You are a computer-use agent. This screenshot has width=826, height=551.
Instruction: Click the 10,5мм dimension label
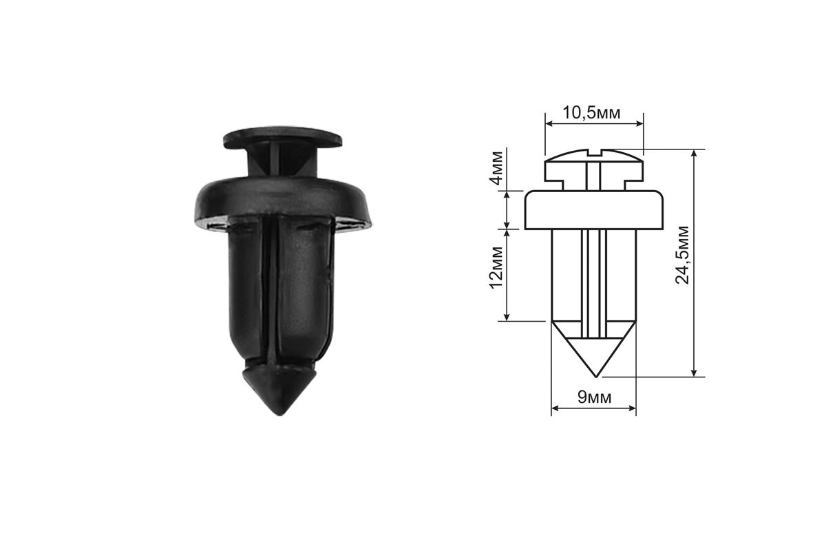click(x=591, y=113)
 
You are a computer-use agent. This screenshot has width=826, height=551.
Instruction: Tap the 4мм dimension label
click(x=497, y=167)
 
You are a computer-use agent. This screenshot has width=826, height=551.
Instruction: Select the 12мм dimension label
click(x=497, y=267)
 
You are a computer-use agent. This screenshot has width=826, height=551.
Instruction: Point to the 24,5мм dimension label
click(x=682, y=255)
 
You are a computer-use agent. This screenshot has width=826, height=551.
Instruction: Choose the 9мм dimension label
click(x=594, y=397)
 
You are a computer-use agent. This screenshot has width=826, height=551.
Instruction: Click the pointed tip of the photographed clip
click(x=280, y=414)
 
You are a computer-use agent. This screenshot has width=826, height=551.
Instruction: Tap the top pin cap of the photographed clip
click(x=282, y=136)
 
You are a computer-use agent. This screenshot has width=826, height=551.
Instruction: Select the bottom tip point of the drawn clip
click(x=596, y=377)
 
